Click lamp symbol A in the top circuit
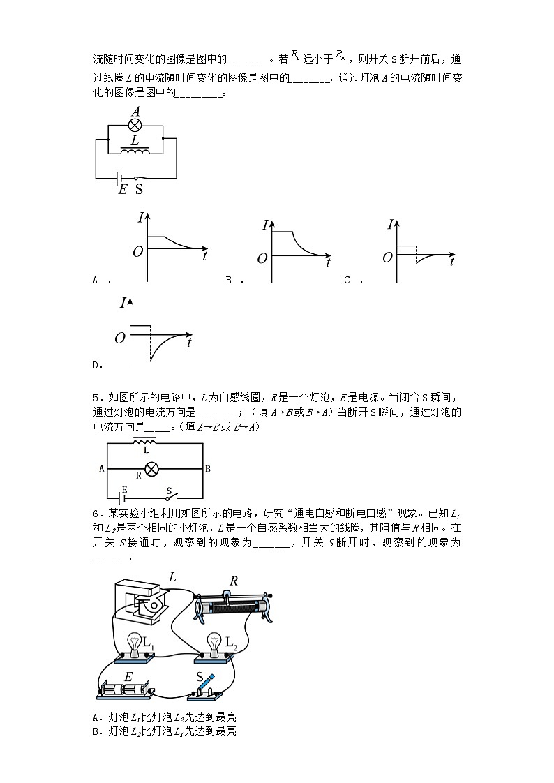coord(135,126)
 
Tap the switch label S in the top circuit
coord(139,189)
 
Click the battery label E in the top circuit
coord(123,189)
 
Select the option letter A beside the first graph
coord(95,280)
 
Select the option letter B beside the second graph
coord(228,280)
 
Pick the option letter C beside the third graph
coord(347,280)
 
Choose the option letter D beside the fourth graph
coord(96,364)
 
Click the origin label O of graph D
coord(120,338)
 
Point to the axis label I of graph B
coord(265,225)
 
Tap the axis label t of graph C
coord(452,262)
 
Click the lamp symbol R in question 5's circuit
coord(149,468)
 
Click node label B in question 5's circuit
coord(208,469)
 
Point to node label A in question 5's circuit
coord(102,469)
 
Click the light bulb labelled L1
coord(134,643)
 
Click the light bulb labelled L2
coord(215,643)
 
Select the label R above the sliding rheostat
coord(234,581)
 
